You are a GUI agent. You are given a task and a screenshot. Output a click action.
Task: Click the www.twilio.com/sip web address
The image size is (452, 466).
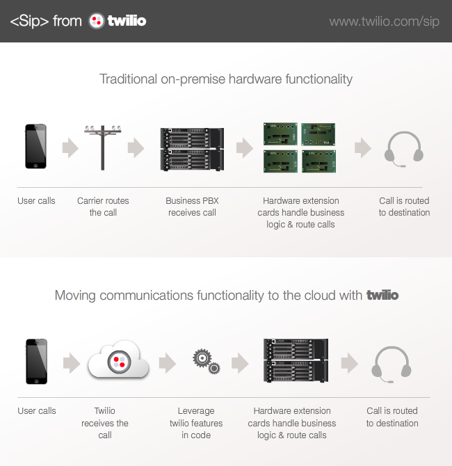[x=384, y=22]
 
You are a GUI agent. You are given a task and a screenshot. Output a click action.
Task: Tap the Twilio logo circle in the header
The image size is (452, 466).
[x=96, y=21]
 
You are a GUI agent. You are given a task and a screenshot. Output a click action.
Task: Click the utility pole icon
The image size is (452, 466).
[x=102, y=147]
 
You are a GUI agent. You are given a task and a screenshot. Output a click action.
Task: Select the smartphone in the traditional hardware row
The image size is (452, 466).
[x=35, y=146]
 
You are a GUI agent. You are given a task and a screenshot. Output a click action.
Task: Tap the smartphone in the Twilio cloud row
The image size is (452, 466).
[x=37, y=362]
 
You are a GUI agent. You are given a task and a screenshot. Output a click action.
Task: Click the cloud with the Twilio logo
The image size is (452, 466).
[x=118, y=360]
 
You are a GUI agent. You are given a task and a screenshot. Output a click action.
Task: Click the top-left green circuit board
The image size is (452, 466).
[x=280, y=134]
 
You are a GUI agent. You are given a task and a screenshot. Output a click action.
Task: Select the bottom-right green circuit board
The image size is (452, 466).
[x=319, y=161]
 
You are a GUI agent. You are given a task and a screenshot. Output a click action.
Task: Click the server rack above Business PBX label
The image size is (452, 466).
[x=192, y=150]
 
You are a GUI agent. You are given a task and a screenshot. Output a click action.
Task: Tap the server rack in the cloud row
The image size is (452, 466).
[x=296, y=360]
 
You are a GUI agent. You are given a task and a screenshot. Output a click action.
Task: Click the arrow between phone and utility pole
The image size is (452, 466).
[x=70, y=147]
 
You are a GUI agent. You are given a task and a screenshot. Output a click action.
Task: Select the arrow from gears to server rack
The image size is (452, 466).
[x=240, y=363]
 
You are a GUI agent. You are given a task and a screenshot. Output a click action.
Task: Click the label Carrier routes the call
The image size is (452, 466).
[x=103, y=207]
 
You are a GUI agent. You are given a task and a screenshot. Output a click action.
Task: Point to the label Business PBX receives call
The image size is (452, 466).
[x=192, y=207]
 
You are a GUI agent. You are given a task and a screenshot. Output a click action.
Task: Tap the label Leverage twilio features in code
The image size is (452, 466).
[x=196, y=423]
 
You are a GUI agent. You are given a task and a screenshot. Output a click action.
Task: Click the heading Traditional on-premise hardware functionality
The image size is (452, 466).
[x=226, y=79]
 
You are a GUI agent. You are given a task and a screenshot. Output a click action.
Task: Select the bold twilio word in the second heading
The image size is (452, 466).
[x=382, y=295]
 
